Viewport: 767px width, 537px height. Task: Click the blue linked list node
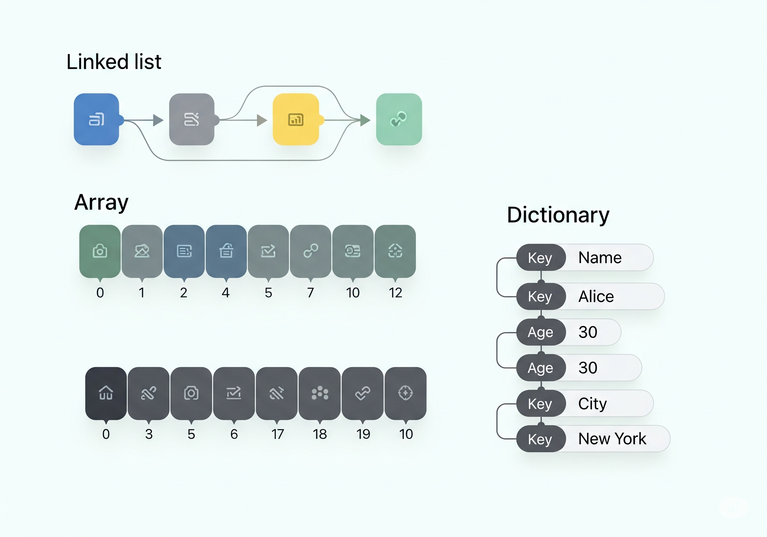[x=96, y=119]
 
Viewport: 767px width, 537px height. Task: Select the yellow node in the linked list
[x=296, y=119]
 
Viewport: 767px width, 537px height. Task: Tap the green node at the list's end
[x=399, y=119]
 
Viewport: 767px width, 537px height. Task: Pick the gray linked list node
[x=192, y=119]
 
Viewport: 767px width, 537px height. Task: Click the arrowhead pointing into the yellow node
[x=262, y=120]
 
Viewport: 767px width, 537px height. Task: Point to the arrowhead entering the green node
[x=365, y=120]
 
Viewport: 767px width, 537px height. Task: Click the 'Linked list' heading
[x=114, y=62]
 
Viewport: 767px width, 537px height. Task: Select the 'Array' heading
[x=101, y=203]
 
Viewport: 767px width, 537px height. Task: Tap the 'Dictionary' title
[x=558, y=215]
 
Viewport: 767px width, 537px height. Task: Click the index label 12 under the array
[x=395, y=293]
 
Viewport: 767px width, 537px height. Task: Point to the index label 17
[x=277, y=434]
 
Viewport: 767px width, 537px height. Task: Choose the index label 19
[x=363, y=434]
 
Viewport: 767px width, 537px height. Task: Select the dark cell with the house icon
[x=106, y=393]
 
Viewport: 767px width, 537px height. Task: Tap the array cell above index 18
[x=320, y=393]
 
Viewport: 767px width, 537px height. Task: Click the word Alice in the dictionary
[x=596, y=296]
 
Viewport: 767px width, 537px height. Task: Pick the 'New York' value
[x=612, y=439]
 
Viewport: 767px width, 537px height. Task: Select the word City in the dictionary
[x=592, y=404]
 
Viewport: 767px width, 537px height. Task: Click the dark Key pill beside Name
[x=540, y=258]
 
